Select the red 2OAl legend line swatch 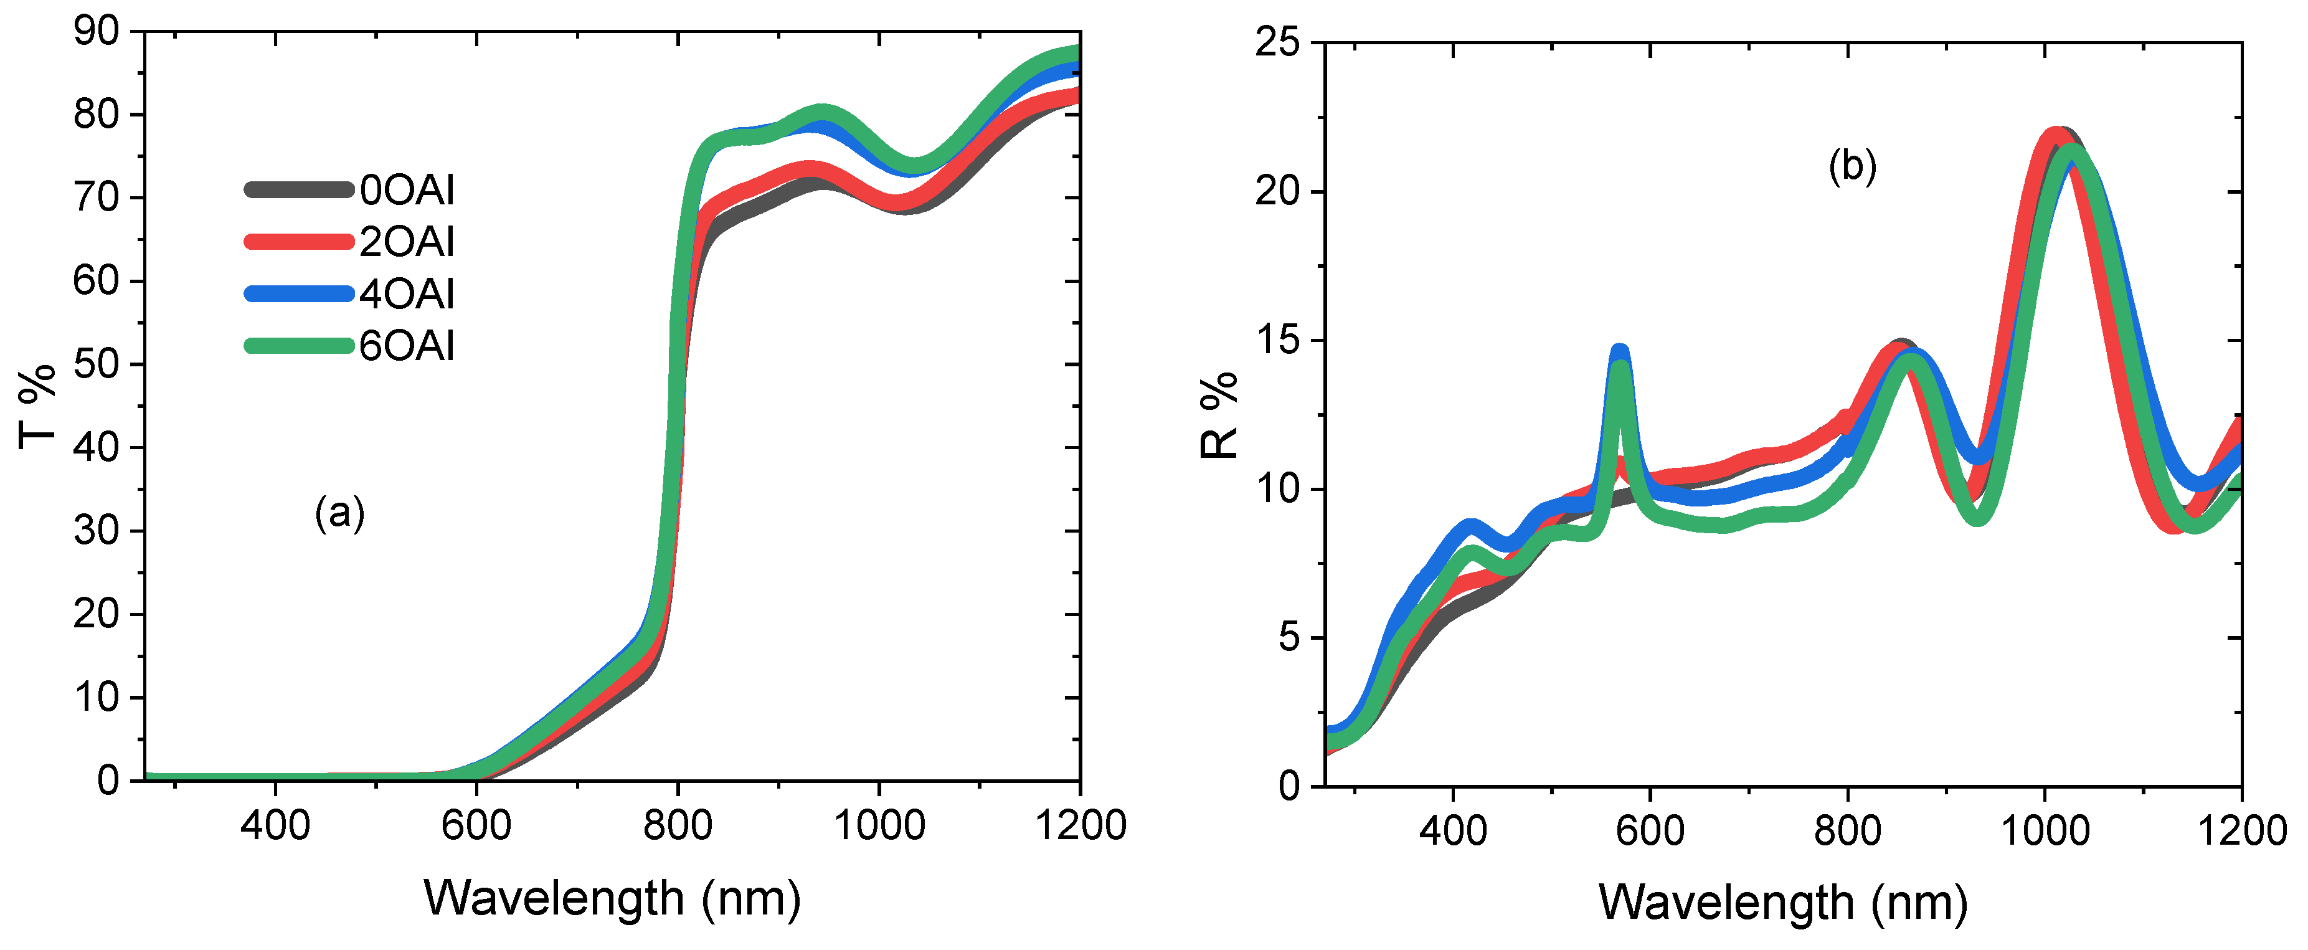click(298, 241)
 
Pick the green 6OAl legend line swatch click(298, 346)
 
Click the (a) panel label click(339, 513)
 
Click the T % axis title click(37, 406)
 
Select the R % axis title click(1219, 414)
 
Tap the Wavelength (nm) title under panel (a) click(612, 898)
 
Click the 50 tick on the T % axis click(96, 364)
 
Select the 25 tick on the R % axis click(1277, 42)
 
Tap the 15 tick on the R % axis click(1277, 341)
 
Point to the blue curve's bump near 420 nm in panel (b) click(1469, 526)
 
